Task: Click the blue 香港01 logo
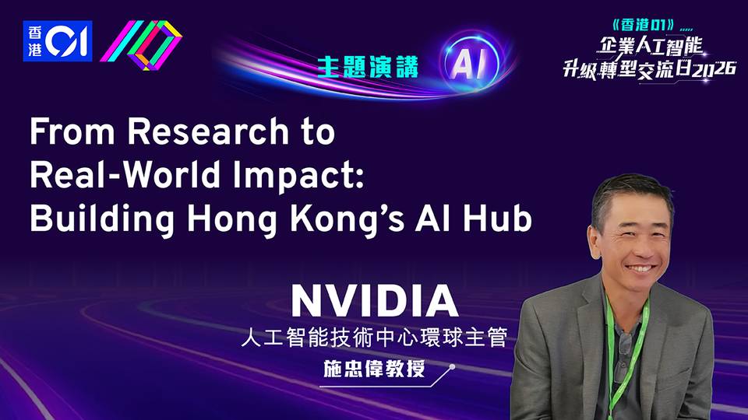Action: (x=57, y=40)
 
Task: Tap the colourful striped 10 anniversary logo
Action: (x=141, y=45)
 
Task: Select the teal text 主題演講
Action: (x=367, y=67)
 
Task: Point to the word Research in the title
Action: (x=208, y=131)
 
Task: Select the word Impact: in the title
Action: (x=298, y=177)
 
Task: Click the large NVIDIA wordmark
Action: (x=375, y=301)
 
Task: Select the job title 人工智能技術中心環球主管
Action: (x=374, y=338)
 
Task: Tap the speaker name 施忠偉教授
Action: (x=374, y=369)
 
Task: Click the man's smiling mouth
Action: (x=640, y=268)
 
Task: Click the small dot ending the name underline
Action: (x=452, y=367)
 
